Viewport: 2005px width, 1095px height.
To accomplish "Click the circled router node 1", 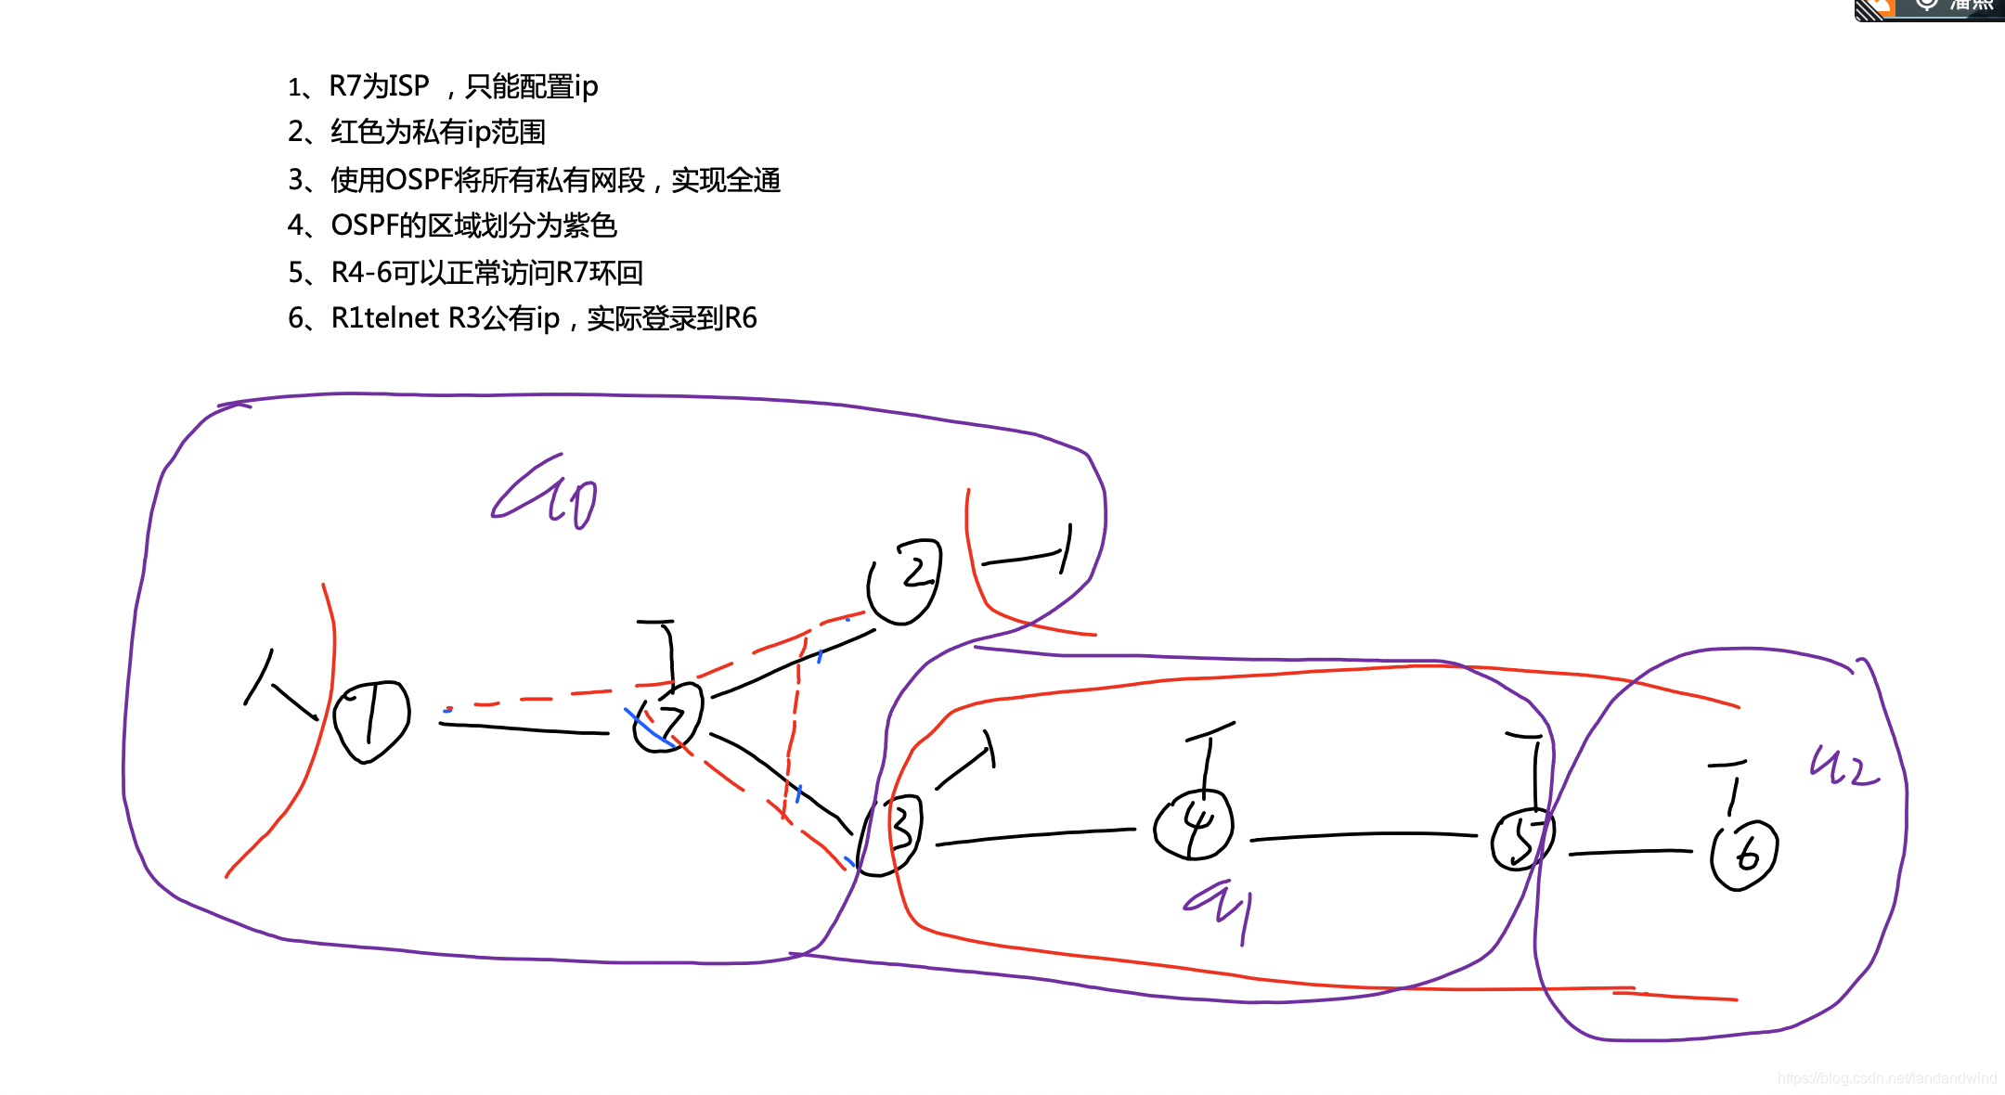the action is coord(371,722).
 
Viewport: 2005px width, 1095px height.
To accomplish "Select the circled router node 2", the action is coord(905,581).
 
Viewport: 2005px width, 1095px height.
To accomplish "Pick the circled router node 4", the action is coord(1194,824).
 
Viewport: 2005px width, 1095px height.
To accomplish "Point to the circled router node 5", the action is coord(1520,840).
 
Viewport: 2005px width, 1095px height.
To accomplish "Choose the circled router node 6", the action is coord(1744,855).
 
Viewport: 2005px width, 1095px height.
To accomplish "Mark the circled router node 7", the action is coord(668,718).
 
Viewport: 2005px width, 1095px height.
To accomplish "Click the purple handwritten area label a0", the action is coord(546,494).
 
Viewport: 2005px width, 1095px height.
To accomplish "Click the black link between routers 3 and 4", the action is coord(1035,835).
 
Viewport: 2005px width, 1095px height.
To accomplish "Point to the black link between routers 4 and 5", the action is coord(1365,835).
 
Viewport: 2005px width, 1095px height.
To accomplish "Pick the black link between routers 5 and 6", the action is coord(1630,852).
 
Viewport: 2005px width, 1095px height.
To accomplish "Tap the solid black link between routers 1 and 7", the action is coord(524,728).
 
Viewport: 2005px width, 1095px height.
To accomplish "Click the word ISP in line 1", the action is coord(405,86).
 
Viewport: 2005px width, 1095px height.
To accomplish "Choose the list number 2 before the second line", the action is coord(295,132).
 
